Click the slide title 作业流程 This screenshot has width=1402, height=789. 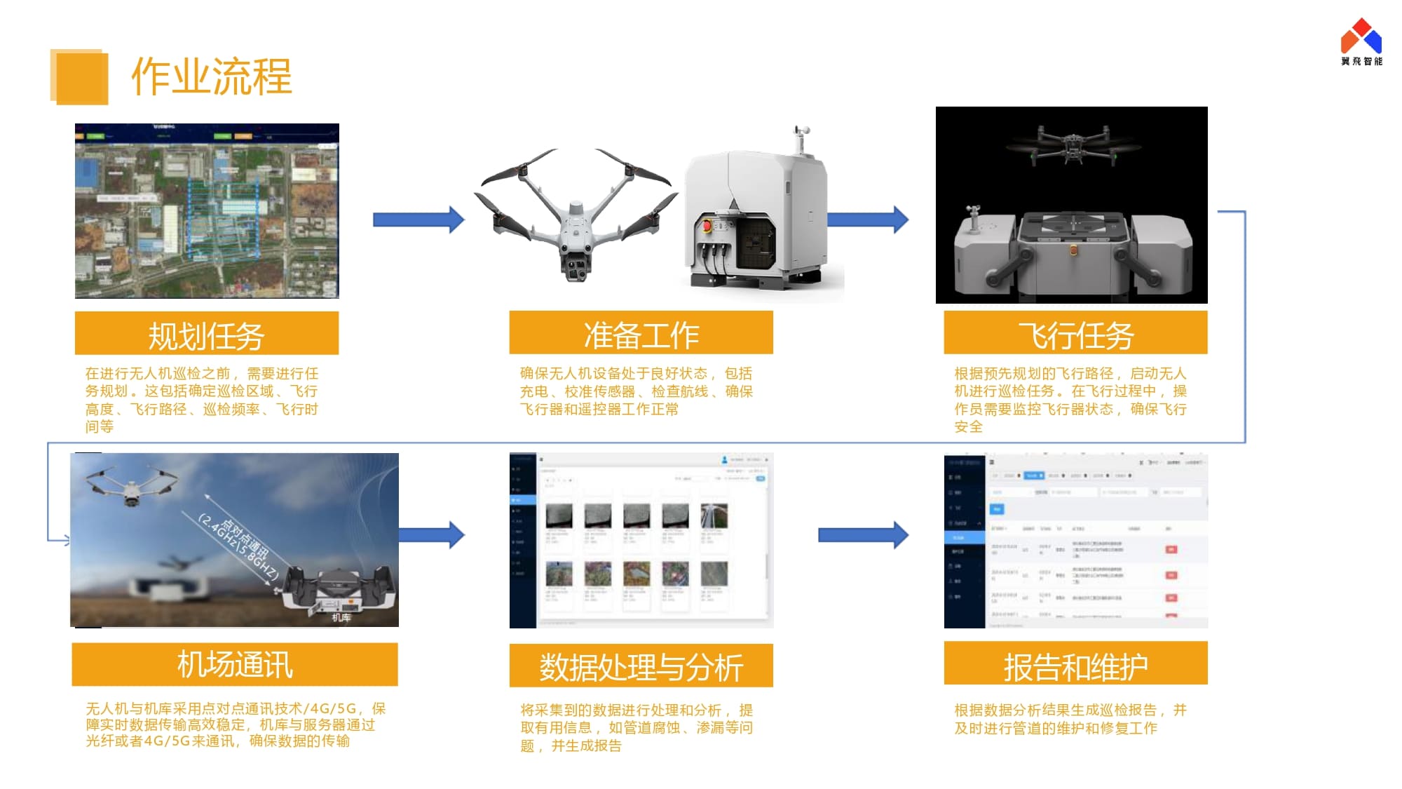211,76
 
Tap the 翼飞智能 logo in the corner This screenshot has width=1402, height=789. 1361,42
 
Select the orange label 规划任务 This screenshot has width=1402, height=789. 206,334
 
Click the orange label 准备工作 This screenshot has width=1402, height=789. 641,334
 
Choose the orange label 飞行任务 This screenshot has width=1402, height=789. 1075,334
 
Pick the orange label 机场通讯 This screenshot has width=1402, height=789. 234,664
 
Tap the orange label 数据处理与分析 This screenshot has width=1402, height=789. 641,666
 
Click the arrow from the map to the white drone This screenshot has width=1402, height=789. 418,220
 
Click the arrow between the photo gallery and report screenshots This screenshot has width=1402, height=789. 863,535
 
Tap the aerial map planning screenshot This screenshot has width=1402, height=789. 207,210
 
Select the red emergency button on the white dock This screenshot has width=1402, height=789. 707,227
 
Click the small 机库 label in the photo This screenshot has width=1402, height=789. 341,617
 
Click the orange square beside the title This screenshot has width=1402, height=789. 81,77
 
